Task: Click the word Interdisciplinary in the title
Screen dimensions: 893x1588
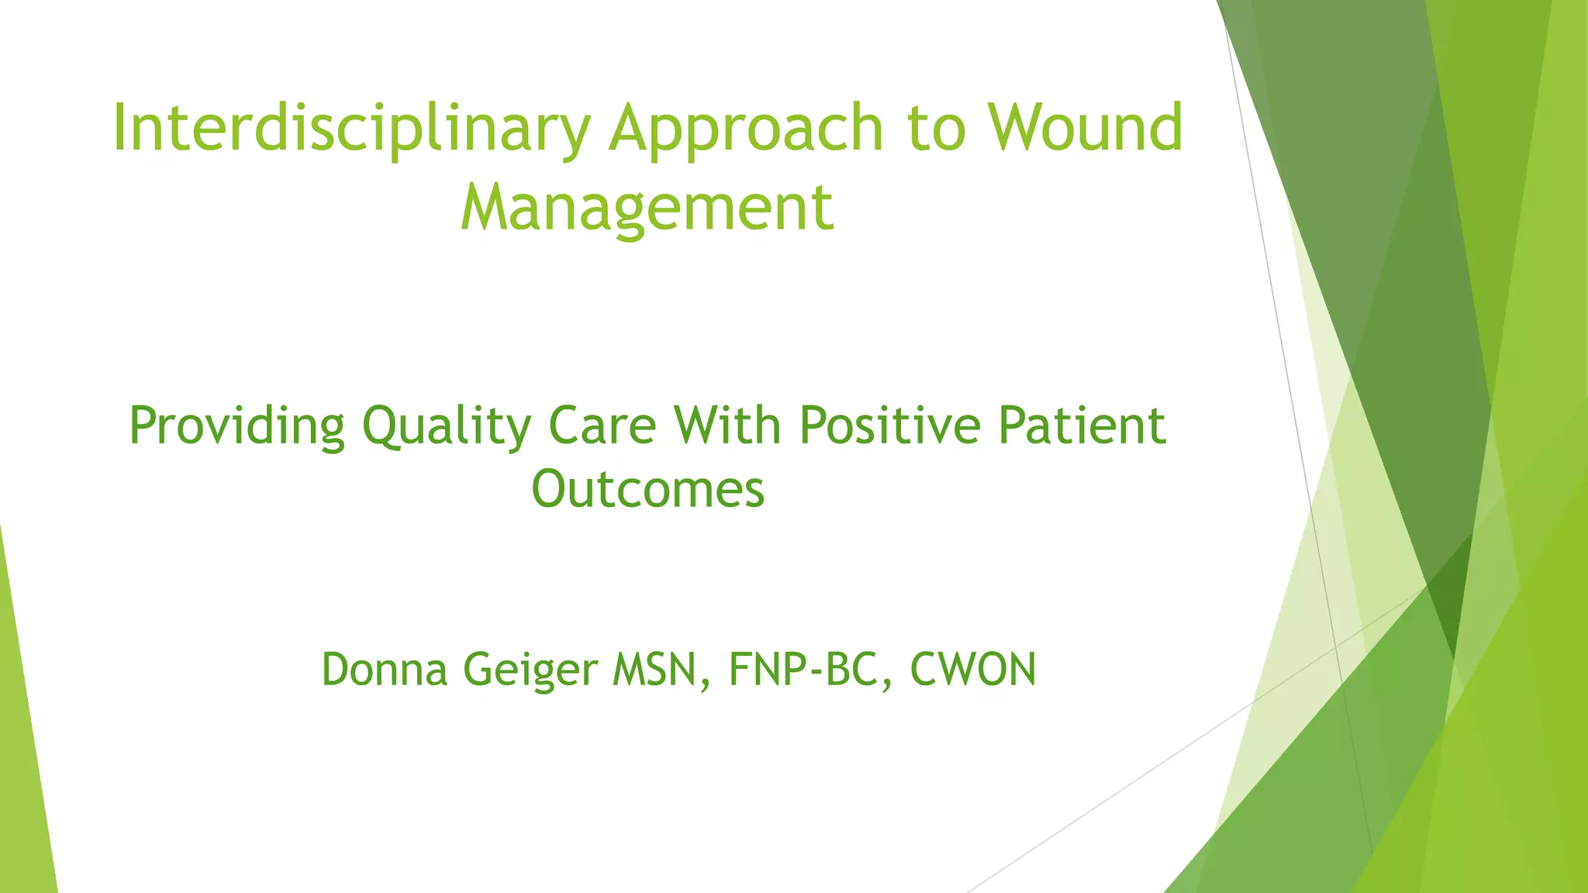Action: (x=350, y=129)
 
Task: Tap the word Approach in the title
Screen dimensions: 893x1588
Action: (x=746, y=129)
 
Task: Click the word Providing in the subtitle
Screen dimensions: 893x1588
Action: (x=236, y=426)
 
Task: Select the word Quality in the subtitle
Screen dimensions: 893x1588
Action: (x=447, y=426)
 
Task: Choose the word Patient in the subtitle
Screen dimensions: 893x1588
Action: (x=1082, y=426)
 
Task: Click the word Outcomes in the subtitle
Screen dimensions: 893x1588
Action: (x=647, y=490)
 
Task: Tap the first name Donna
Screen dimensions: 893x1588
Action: (x=385, y=670)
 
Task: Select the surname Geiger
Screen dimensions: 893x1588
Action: (x=530, y=671)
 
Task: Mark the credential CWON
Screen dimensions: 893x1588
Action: (x=972, y=670)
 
